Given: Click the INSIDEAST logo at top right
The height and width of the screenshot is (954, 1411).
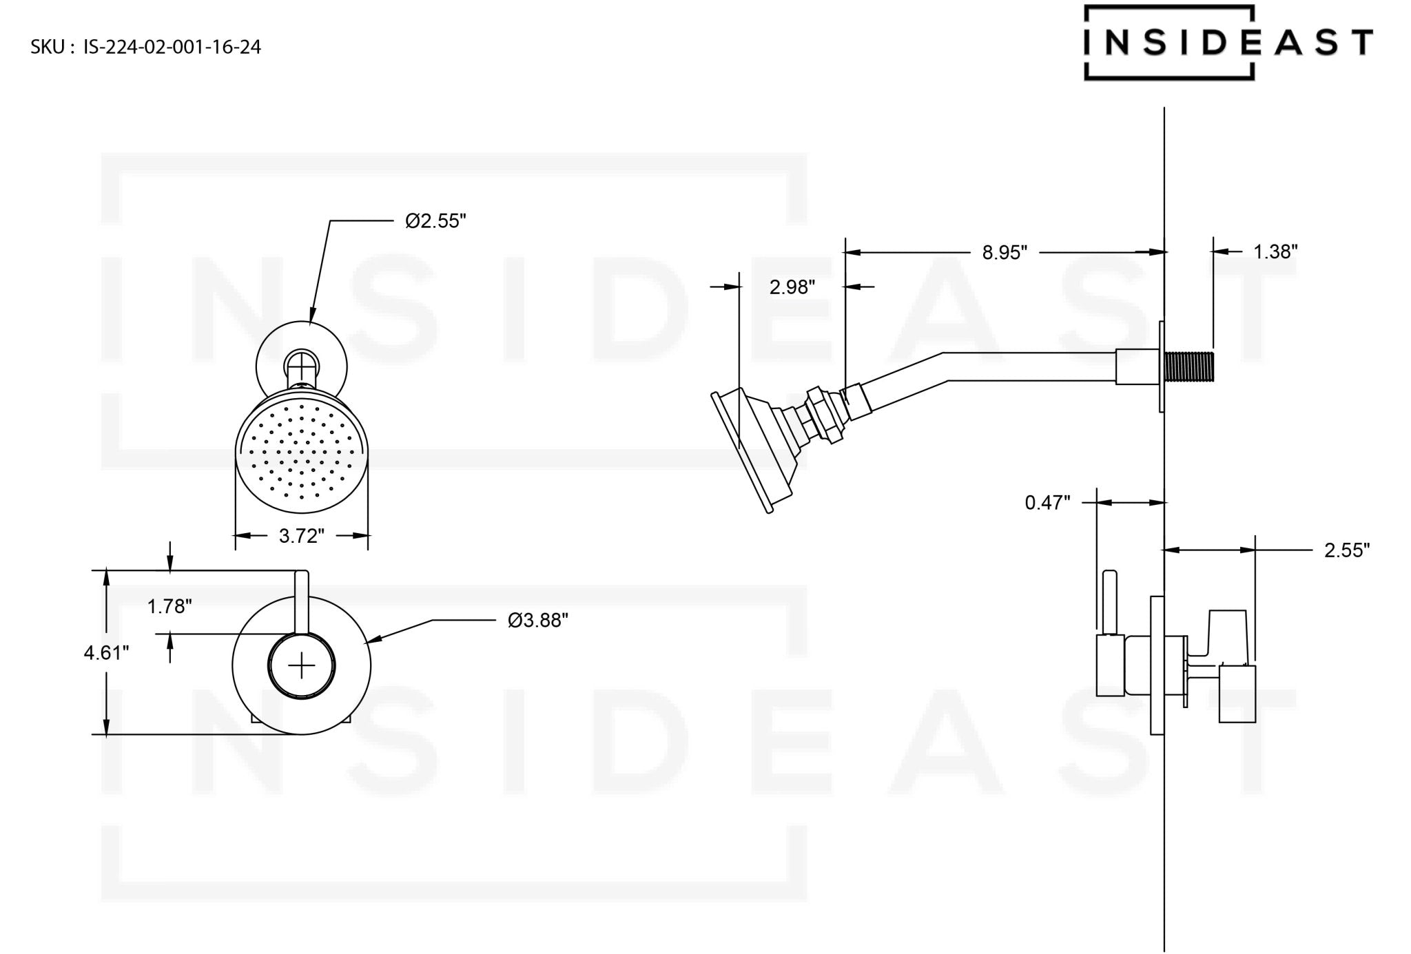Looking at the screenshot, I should tap(1227, 43).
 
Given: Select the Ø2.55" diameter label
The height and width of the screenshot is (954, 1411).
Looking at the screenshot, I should tap(435, 221).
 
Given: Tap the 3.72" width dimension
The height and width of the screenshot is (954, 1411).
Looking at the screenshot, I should tap(301, 536).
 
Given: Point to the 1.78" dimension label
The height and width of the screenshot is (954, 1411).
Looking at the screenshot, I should tap(169, 606).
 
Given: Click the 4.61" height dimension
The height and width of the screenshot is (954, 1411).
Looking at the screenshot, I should tap(106, 652).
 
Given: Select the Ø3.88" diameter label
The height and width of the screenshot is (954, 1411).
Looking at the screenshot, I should tap(537, 621).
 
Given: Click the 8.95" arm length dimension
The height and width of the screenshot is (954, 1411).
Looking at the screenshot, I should tap(1004, 253).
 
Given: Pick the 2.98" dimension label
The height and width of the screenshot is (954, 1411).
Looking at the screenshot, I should tap(792, 287).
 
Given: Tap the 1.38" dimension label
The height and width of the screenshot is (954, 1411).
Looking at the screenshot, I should tap(1275, 252).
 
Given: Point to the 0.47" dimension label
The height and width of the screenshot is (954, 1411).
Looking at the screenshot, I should tap(1047, 503).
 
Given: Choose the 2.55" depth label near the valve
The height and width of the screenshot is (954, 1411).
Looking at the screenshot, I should tap(1346, 550).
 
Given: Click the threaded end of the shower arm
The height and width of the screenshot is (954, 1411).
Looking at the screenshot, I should tap(1188, 366).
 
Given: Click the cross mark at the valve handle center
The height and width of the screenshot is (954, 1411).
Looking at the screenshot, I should tap(301, 665).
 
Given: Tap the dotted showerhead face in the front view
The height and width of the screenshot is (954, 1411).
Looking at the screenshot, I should tap(301, 455).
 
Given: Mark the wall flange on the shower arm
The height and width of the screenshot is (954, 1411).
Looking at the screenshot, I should tap(1161, 366).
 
